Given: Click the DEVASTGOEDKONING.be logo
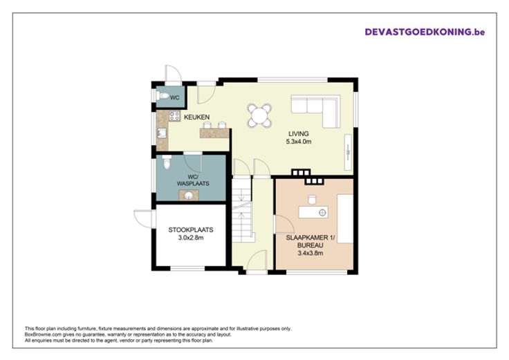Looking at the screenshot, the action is click(x=425, y=32).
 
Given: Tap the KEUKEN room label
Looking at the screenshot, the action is click(x=196, y=117).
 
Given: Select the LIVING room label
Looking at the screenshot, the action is click(x=299, y=133).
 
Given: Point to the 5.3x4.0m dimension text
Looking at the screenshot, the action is click(x=299, y=142).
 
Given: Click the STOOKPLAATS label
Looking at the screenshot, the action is click(x=191, y=229).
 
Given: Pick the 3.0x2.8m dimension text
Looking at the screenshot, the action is click(x=191, y=238).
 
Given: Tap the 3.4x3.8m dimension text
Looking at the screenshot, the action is click(x=311, y=253).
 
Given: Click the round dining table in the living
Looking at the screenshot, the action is click(x=259, y=115).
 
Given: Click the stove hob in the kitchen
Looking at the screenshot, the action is click(x=175, y=116).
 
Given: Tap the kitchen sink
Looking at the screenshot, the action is click(x=162, y=133).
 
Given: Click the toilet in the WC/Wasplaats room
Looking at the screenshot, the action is click(x=167, y=162).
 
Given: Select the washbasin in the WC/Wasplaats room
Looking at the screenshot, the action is click(x=189, y=196).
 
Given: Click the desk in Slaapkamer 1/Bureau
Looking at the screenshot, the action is click(x=313, y=212).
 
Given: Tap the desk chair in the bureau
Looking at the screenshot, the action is click(x=312, y=200).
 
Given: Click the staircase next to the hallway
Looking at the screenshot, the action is click(x=242, y=209).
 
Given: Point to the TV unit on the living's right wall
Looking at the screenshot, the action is click(x=349, y=151).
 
